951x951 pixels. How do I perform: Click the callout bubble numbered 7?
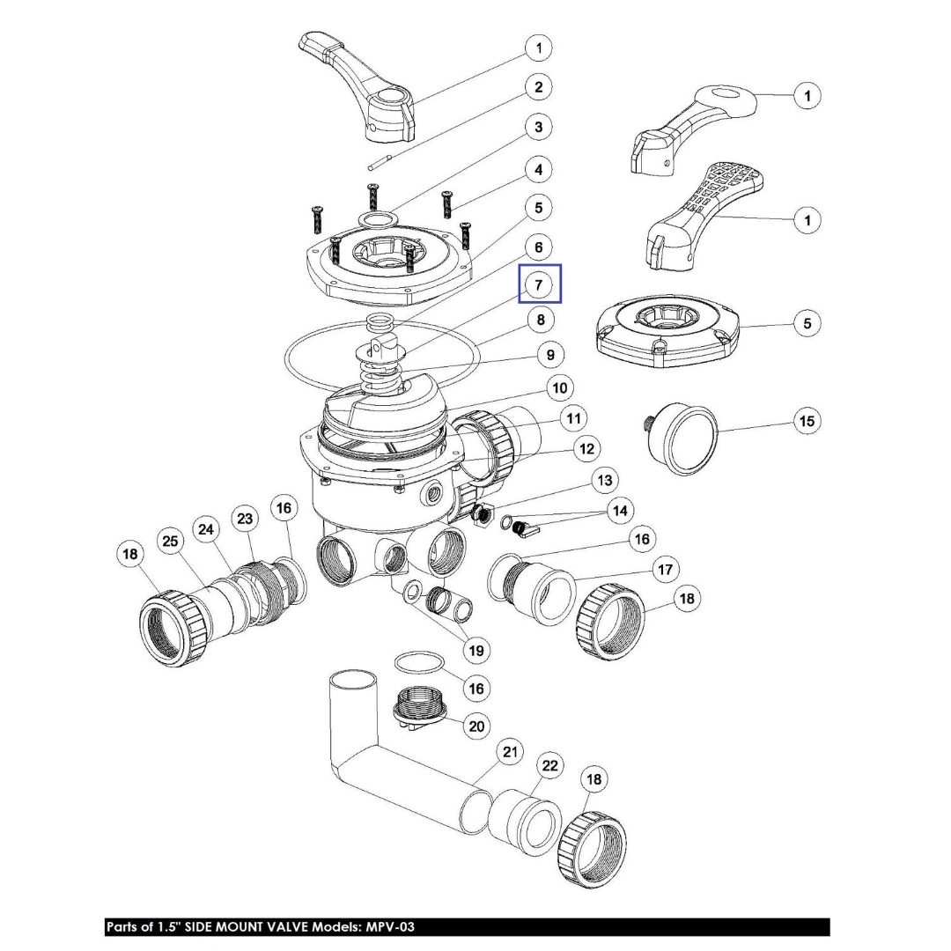539,286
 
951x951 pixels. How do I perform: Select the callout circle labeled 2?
539,87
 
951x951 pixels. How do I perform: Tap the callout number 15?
807,421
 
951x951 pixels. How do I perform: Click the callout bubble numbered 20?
476,726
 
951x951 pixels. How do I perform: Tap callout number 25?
169,540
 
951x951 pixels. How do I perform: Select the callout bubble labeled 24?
206,530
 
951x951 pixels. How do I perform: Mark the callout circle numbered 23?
245,519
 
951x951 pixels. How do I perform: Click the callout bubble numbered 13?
604,481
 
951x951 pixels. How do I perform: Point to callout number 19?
475,651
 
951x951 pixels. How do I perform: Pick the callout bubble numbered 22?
549,767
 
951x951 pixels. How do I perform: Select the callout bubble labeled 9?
550,356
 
